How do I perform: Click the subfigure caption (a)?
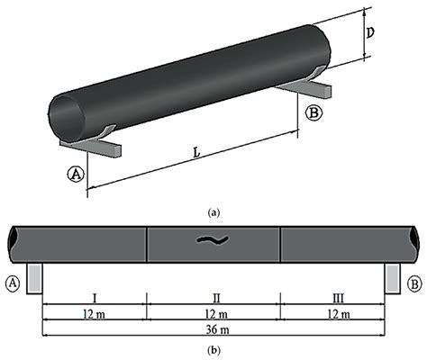(213, 212)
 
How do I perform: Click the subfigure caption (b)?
(213, 349)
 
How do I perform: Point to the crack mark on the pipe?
(213, 240)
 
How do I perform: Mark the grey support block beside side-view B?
(393, 277)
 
